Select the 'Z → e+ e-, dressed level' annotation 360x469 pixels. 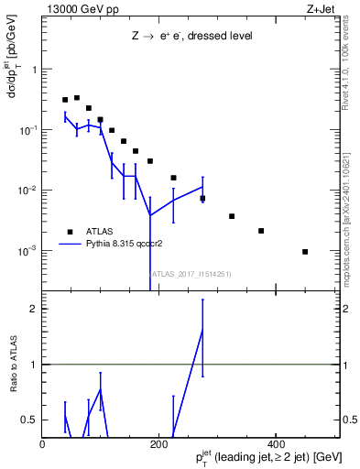click(191, 36)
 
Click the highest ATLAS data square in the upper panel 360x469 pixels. click(77, 97)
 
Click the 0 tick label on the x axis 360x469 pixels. click(43, 444)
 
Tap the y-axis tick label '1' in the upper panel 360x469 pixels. click(35, 70)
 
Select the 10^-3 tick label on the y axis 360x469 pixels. click(29, 250)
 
